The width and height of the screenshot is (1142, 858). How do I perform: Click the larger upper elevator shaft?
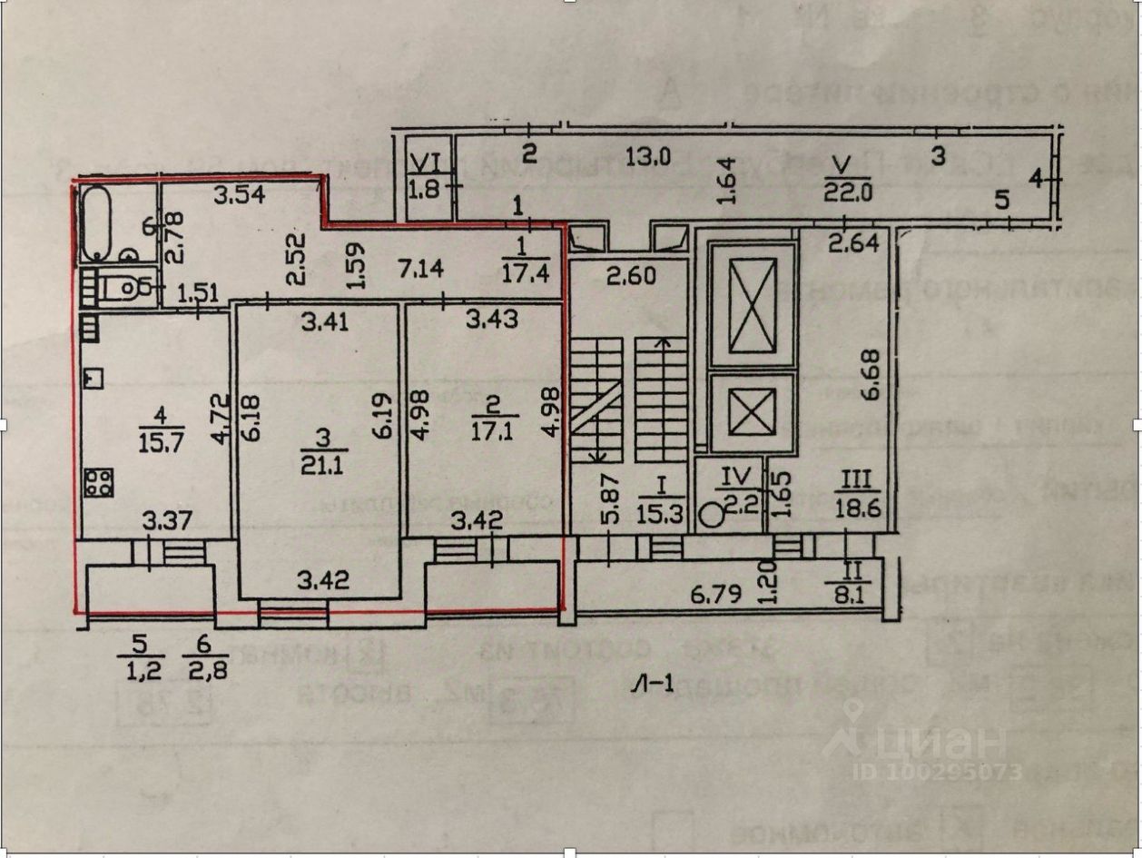coord(753,304)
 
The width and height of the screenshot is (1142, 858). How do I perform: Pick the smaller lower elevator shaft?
coord(753,411)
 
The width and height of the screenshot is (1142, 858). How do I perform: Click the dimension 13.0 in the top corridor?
coord(646,156)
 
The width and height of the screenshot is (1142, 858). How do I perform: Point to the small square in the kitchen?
coord(94,376)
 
